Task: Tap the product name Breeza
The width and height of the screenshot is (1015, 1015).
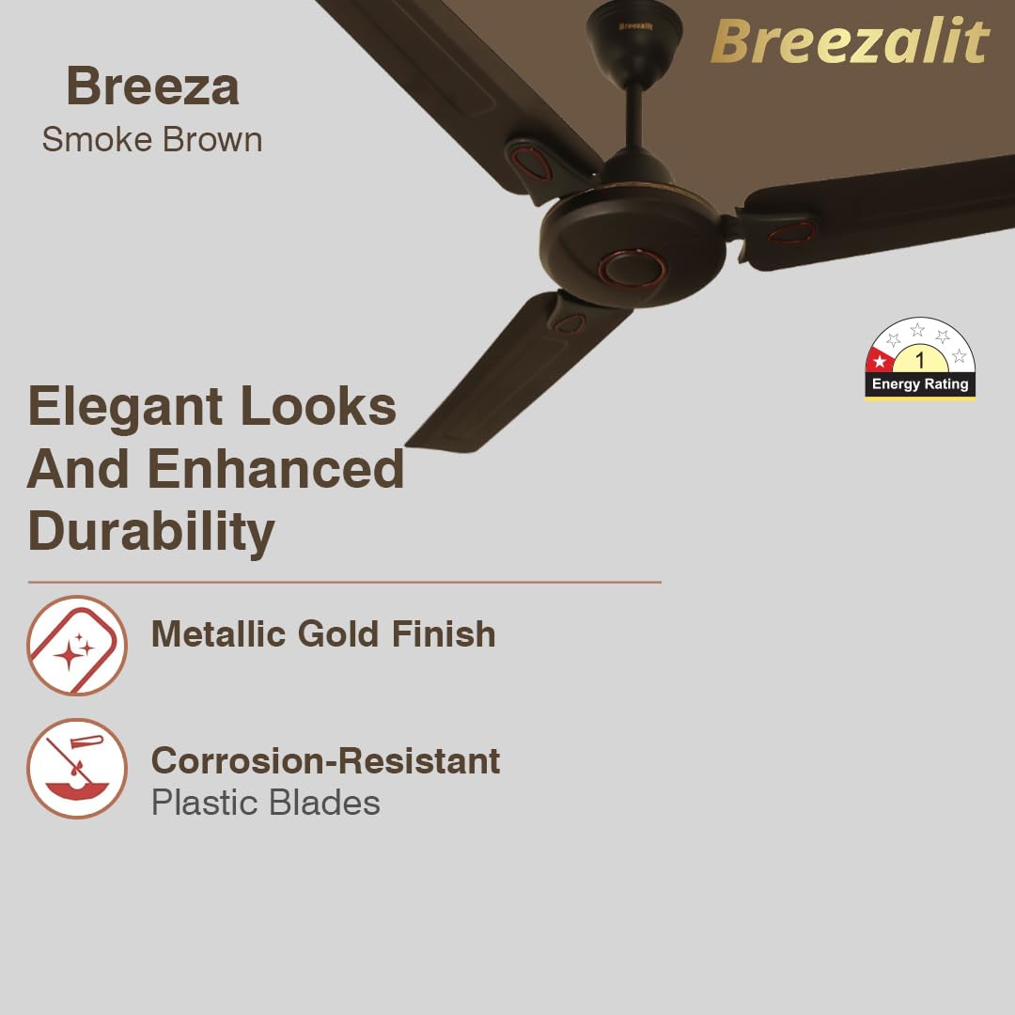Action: click(x=152, y=86)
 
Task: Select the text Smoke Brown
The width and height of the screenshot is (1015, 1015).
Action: click(x=152, y=140)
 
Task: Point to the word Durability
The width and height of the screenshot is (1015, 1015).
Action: click(x=151, y=531)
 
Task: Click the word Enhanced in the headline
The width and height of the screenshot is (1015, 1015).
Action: click(x=275, y=469)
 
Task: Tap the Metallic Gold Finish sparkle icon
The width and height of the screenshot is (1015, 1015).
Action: click(x=76, y=646)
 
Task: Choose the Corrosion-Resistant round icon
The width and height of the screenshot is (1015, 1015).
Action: click(x=76, y=768)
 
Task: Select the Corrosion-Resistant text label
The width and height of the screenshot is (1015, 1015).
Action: click(x=325, y=760)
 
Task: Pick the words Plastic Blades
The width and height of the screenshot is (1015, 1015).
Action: click(x=266, y=804)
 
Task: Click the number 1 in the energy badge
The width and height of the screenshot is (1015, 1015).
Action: click(x=920, y=360)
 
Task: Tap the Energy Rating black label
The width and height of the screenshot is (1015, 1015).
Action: click(x=920, y=383)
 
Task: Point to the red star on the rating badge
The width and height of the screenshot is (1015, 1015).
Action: click(x=880, y=361)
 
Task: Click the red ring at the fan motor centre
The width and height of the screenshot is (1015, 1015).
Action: click(x=632, y=268)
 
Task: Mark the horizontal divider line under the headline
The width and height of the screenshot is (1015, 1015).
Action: click(x=344, y=583)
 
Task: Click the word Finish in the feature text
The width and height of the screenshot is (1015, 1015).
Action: click(x=444, y=634)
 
